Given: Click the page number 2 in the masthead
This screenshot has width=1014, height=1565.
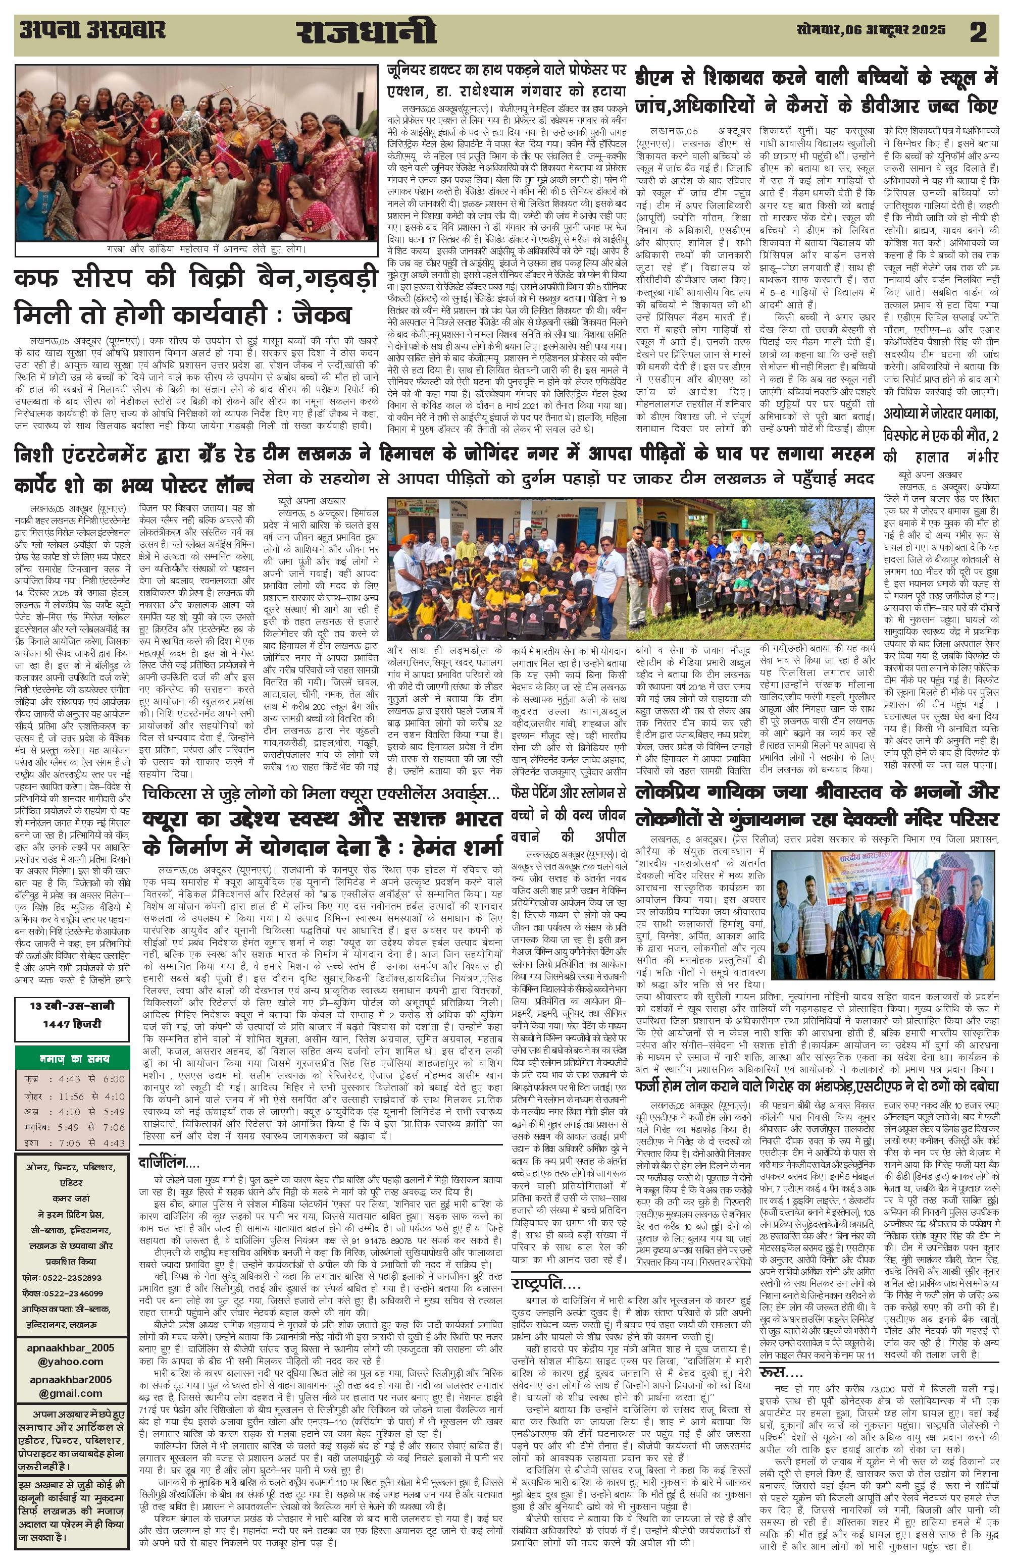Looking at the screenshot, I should pyautogui.click(x=978, y=33).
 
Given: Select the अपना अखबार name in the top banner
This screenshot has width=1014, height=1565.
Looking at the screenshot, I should pyautogui.click(x=92, y=30).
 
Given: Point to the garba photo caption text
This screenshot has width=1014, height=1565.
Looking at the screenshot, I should pyautogui.click(x=196, y=250).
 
